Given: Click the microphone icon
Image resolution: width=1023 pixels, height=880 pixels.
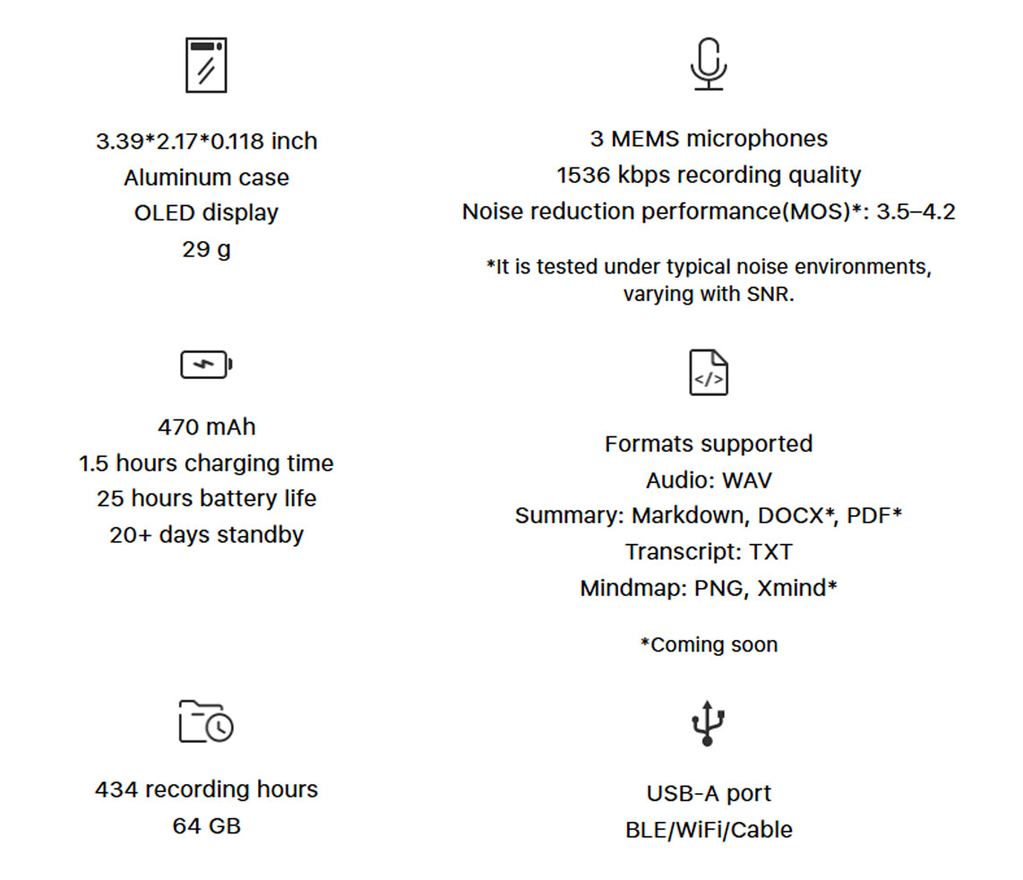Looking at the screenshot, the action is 709,64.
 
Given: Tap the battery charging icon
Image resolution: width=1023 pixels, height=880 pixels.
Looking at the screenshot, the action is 206,365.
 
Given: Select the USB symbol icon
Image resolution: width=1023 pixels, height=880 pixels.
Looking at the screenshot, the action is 708,723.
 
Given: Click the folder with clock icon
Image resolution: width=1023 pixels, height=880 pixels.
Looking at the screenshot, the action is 206,721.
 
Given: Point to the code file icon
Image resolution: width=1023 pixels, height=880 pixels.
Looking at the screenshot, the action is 709,372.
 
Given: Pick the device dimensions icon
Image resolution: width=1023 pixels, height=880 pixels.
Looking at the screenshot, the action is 206,65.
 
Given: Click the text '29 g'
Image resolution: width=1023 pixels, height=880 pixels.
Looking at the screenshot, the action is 206,249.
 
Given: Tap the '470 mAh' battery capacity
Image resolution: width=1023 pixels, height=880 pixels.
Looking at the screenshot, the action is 206,427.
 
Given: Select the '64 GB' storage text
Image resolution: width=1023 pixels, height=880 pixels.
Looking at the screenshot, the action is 206,826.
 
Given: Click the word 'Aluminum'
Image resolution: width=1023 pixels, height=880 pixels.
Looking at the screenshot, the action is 165,177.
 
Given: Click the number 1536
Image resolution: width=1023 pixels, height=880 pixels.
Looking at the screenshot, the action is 583,175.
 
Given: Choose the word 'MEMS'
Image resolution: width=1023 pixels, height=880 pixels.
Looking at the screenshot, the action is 645,138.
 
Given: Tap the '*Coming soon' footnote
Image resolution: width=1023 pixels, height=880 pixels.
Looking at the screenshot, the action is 709,645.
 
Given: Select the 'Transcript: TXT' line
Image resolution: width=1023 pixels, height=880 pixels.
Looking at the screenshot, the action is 709,552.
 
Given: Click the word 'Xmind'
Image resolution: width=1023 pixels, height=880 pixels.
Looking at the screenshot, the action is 791,588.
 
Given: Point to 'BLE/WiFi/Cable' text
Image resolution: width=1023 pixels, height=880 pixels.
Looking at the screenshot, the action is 709,830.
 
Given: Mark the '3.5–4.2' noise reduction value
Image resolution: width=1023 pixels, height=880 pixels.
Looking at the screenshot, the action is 916,211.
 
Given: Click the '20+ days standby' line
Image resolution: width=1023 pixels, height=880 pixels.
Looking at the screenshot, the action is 206,535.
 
